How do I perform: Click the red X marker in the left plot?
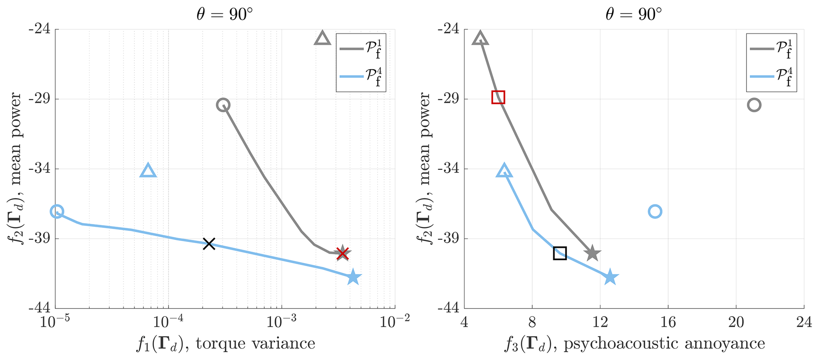tap(343, 253)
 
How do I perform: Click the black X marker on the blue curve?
tap(209, 244)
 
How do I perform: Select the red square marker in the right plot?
tap(498, 97)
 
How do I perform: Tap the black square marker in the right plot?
tap(560, 253)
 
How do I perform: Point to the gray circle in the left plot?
tap(223, 105)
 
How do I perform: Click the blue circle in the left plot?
tap(57, 211)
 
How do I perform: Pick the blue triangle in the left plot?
tap(148, 171)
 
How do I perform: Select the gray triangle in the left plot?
tap(322, 38)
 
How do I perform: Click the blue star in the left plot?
tap(353, 278)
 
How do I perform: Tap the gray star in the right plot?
tap(592, 253)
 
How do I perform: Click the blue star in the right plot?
tap(610, 278)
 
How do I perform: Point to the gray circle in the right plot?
tap(754, 105)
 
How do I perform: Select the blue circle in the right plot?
tap(655, 211)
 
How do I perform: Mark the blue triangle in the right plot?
tap(504, 171)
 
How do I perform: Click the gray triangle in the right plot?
tap(480, 38)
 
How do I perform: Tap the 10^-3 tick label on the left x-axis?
tap(282, 322)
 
